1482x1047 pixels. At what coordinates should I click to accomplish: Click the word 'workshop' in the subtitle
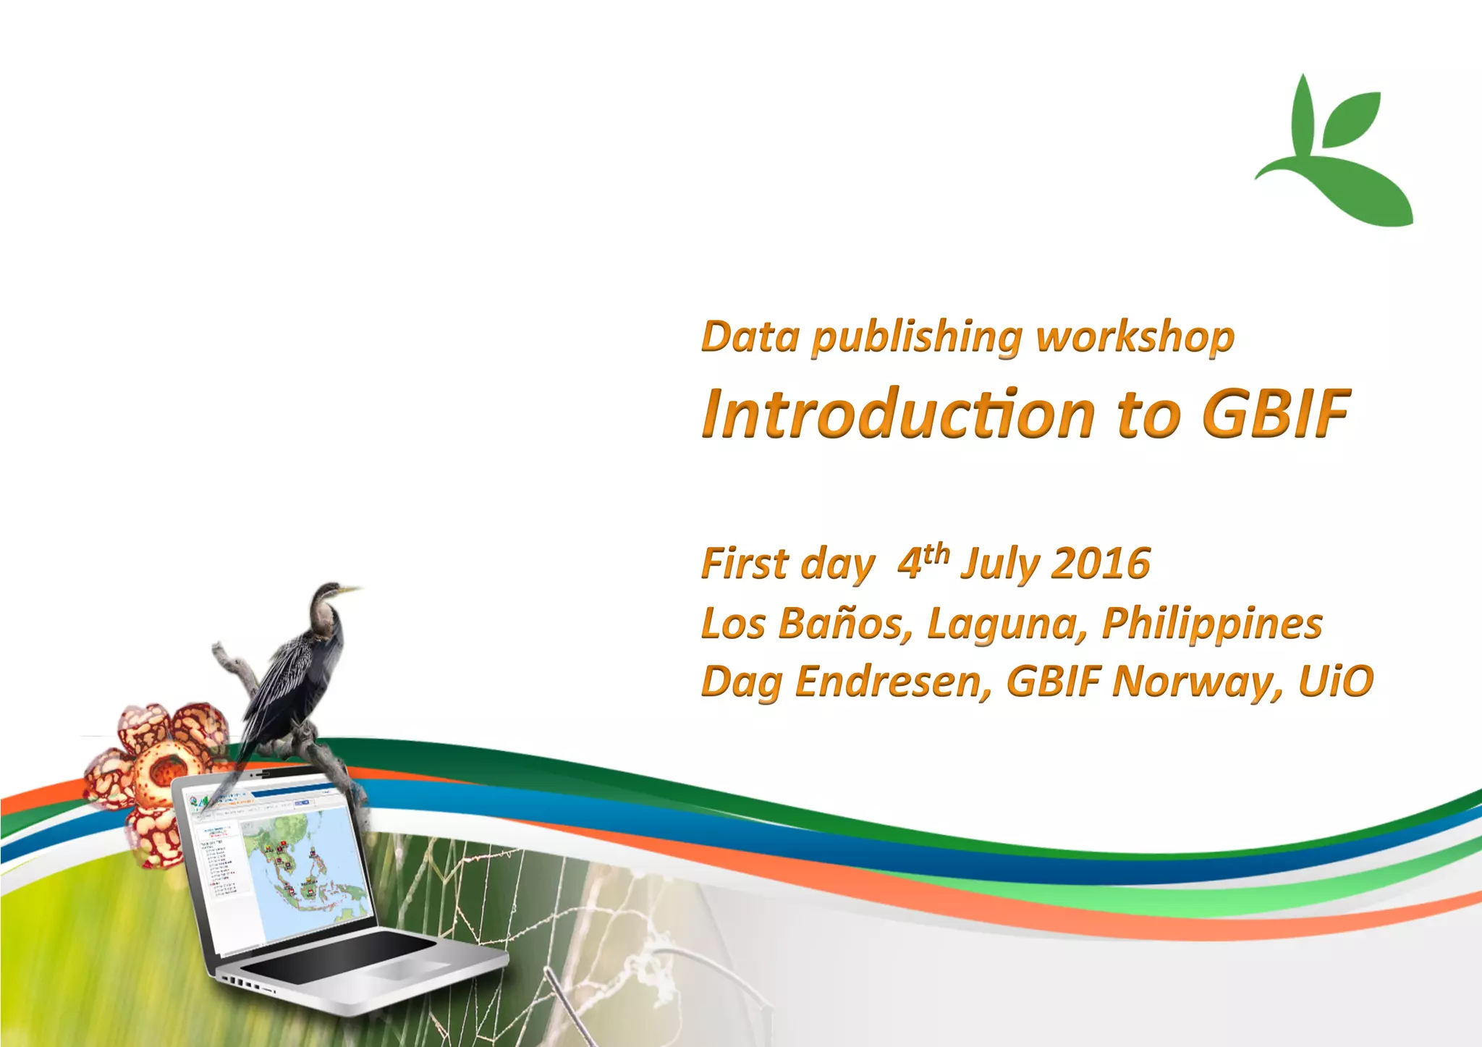click(1135, 338)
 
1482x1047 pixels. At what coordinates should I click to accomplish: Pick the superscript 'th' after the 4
click(936, 554)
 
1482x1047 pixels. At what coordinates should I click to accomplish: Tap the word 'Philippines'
click(1211, 623)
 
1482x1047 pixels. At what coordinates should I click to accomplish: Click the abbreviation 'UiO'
click(1335, 682)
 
